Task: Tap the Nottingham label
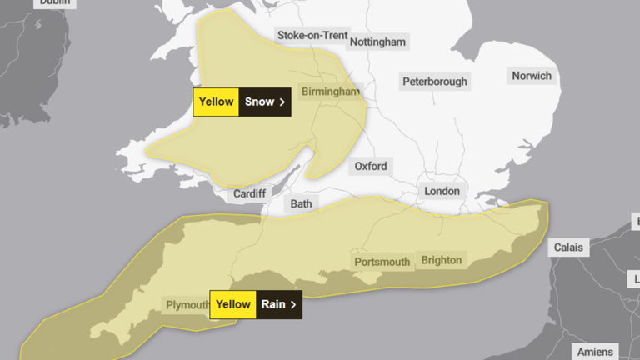pos(377,42)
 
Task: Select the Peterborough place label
pos(434,81)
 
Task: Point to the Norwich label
pos(532,76)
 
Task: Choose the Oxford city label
pos(371,166)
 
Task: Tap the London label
pos(442,191)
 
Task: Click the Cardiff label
pos(249,193)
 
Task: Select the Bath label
pos(300,203)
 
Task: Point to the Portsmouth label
pos(382,262)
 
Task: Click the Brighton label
pos(441,260)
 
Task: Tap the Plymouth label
pos(187,304)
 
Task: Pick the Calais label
pos(570,247)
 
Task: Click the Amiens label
pos(595,352)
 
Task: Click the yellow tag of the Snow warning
pos(216,102)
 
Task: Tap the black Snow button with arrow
pos(265,102)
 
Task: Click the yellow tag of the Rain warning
pos(233,304)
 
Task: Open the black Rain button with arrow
pos(278,304)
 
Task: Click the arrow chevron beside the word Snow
pos(282,102)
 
